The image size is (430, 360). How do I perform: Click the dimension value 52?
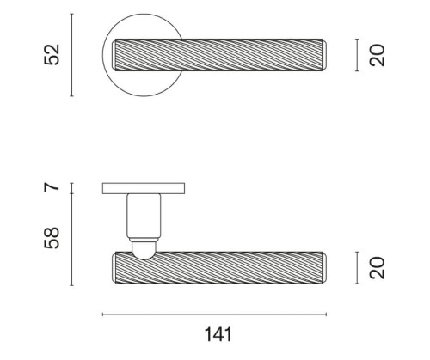[52, 55]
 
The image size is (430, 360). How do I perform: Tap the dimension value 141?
[218, 334]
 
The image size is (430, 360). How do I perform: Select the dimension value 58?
[52, 238]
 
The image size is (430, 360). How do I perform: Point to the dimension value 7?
[52, 187]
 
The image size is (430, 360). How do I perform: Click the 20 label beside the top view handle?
[377, 55]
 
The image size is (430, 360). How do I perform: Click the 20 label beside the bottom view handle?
[377, 268]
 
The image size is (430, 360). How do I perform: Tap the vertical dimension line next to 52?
[71, 55]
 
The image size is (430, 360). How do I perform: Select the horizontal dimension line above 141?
[214, 314]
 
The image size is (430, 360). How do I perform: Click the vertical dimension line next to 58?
[71, 240]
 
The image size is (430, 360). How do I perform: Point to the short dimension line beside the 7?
[71, 188]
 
